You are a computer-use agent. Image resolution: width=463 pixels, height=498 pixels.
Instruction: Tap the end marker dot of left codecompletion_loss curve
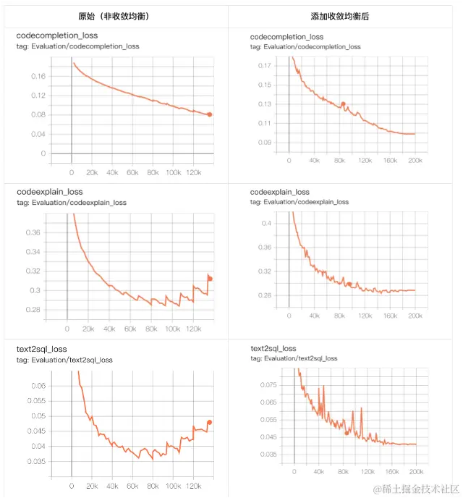pos(210,114)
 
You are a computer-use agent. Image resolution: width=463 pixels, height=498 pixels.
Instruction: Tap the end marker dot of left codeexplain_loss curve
pos(210,278)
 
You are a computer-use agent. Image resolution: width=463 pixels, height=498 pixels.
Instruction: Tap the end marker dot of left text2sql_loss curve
pos(210,422)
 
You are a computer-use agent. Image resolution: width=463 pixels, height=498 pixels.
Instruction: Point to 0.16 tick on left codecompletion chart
pos(38,76)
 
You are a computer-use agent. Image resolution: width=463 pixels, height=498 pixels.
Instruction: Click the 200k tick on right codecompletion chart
pos(415,159)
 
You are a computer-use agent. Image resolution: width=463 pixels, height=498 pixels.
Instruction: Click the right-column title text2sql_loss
pos(273,348)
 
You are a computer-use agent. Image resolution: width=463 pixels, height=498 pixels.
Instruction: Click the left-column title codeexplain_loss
pos(49,192)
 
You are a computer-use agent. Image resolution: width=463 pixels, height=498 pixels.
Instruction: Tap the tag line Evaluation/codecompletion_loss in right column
pos(305,46)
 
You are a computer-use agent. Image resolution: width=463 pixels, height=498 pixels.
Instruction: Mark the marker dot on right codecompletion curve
pos(344,104)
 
